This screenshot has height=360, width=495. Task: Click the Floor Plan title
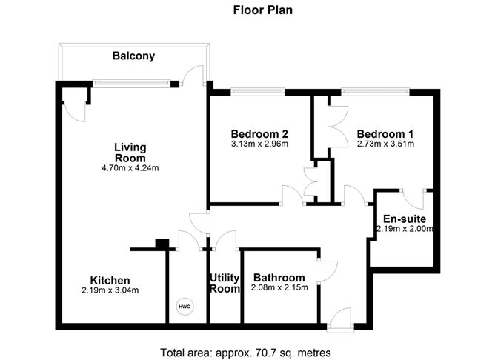click(262, 10)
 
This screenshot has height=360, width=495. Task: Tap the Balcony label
click(133, 56)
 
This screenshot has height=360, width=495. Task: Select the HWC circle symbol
click(185, 307)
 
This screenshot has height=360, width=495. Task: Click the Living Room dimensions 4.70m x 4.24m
click(130, 168)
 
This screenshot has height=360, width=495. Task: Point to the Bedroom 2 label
click(259, 134)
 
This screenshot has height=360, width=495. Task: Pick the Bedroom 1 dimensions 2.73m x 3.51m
click(385, 144)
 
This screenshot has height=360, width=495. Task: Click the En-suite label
click(405, 219)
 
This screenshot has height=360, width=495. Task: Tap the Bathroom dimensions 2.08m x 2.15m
click(279, 287)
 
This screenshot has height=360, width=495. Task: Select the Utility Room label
click(225, 283)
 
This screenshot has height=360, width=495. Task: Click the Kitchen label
click(110, 280)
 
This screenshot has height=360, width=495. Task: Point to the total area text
click(245, 353)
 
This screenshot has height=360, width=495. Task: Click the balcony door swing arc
click(191, 70)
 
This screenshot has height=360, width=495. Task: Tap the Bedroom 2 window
click(258, 92)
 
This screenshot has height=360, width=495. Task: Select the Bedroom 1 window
click(376, 92)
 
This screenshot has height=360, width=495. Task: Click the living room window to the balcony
click(131, 84)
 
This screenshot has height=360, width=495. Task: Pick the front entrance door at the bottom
click(340, 319)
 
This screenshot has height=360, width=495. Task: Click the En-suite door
click(413, 199)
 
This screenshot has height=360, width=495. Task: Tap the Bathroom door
click(328, 270)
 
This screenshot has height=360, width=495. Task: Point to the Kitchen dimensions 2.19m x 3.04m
click(110, 290)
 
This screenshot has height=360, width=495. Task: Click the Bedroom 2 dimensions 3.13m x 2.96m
click(259, 144)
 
